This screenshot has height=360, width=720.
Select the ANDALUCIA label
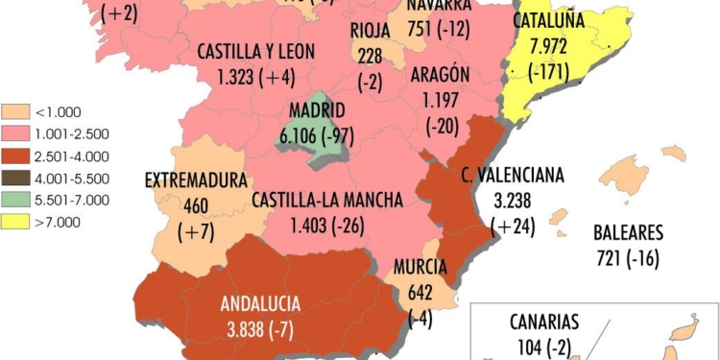[x=260, y=303]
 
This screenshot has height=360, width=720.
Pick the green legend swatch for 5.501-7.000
[x=15, y=200]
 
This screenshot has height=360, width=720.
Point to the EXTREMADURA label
[x=196, y=180]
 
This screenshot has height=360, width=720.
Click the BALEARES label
[x=628, y=232]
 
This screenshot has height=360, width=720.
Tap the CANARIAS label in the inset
[x=545, y=321]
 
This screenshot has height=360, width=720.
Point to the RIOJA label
[x=371, y=29]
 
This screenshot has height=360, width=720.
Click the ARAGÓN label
[x=439, y=74]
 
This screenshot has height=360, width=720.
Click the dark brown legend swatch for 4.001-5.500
[x=15, y=178]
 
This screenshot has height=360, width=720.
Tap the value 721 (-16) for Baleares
[x=628, y=259]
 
